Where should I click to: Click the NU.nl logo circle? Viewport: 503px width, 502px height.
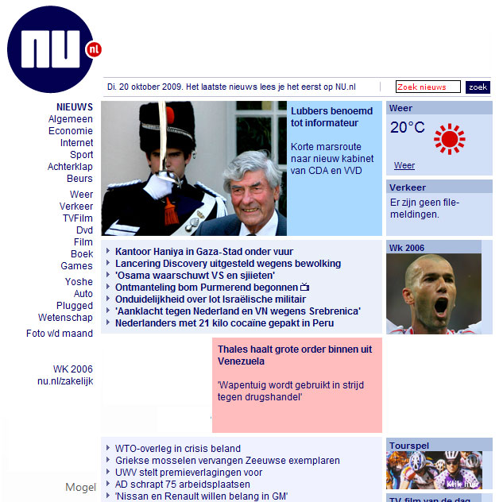[x=51, y=48]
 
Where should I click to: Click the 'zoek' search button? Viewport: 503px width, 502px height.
[x=478, y=87]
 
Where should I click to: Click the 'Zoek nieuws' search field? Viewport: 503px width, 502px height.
[x=428, y=87]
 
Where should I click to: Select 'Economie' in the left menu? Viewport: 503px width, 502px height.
[x=71, y=131]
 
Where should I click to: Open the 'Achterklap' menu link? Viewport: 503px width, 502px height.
[x=70, y=167]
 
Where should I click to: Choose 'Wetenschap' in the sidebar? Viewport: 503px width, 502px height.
[x=65, y=318]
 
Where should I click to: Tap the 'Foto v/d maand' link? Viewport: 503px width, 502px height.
[x=60, y=334]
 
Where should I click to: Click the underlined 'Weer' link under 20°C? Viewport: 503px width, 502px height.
[x=404, y=166]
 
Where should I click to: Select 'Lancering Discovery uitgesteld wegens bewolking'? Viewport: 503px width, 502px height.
[x=227, y=264]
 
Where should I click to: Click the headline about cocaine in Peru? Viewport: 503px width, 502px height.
[x=224, y=323]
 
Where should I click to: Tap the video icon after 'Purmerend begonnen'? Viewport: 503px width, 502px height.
[x=304, y=288]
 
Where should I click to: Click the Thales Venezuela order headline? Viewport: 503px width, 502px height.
[x=294, y=355]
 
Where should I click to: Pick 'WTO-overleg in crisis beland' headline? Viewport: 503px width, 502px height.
[x=177, y=449]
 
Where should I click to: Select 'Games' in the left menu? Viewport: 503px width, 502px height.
[x=76, y=266]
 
